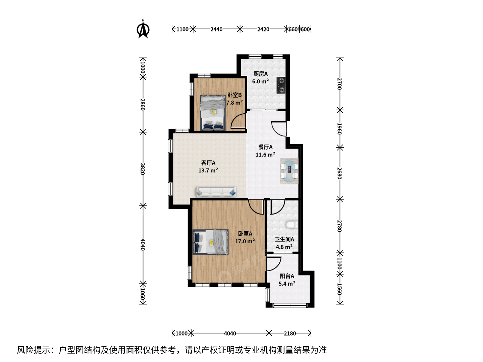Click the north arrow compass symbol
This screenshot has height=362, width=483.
pyautogui.click(x=143, y=29)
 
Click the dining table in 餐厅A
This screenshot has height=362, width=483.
pyautogui.click(x=289, y=171)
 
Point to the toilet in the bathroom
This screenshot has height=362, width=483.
pyautogui.click(x=292, y=225)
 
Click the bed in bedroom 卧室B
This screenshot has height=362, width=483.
pyautogui.click(x=213, y=113)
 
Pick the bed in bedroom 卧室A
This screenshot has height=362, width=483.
pyautogui.click(x=210, y=242)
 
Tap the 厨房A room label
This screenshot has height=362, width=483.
pyautogui.click(x=261, y=74)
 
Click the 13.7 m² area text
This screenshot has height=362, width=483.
pyautogui.click(x=208, y=170)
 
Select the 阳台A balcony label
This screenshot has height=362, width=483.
pyautogui.click(x=287, y=276)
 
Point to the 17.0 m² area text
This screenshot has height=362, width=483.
pyautogui.click(x=245, y=241)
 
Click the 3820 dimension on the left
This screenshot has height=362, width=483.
pyautogui.click(x=143, y=169)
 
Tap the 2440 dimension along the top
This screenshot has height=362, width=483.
pyautogui.click(x=216, y=29)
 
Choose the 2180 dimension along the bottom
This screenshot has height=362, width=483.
pyautogui.click(x=290, y=334)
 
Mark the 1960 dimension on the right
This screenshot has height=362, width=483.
pyautogui.click(x=339, y=129)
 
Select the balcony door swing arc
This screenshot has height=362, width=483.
pyautogui.click(x=274, y=263)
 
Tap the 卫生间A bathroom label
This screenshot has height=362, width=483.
pyautogui.click(x=284, y=239)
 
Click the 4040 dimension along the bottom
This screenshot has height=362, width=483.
pyautogui.click(x=230, y=334)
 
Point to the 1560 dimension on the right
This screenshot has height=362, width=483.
pyautogui.click(x=339, y=289)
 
